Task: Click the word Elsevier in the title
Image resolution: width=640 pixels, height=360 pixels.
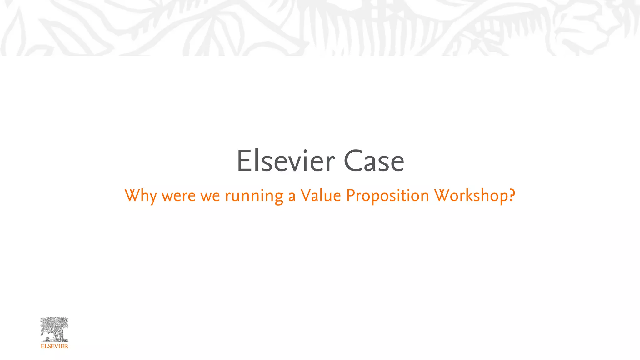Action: click(286, 161)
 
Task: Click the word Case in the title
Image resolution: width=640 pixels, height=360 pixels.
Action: click(374, 161)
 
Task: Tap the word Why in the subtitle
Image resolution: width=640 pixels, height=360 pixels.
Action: click(141, 196)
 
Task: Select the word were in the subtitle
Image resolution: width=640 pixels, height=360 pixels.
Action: click(178, 196)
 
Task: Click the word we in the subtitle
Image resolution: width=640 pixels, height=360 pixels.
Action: click(210, 196)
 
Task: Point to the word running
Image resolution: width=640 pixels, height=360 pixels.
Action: click(254, 196)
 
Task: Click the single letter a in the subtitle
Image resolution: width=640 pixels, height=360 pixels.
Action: click(292, 196)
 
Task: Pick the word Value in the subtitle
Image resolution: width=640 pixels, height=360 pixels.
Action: click(321, 196)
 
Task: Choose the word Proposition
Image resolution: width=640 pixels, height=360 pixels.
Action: click(387, 196)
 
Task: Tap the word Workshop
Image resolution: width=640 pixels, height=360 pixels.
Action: click(471, 196)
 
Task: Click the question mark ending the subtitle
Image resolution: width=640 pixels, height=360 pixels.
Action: click(512, 195)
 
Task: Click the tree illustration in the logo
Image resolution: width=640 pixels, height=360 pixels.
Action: click(54, 329)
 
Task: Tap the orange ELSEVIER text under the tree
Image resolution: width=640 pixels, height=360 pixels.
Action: click(54, 346)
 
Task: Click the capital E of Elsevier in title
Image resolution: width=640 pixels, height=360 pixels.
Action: click(243, 161)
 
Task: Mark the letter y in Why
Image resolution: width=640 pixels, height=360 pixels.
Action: click(152, 198)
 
